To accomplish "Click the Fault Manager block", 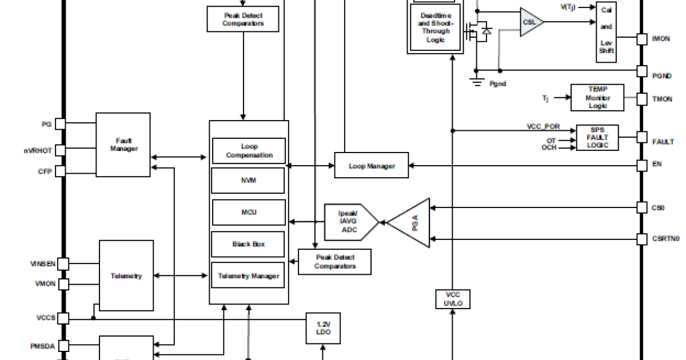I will (x=123, y=145).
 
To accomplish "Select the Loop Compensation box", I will (x=249, y=151).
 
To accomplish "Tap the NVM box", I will (x=249, y=181).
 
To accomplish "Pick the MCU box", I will (x=249, y=213).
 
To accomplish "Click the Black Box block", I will (x=249, y=244).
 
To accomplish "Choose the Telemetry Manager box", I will (x=249, y=276).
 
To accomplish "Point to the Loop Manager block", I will (x=372, y=166).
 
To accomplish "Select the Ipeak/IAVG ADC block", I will (x=349, y=222).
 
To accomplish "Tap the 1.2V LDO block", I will (x=323, y=328).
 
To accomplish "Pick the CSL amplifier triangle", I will (x=530, y=22).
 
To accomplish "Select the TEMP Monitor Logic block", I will (x=597, y=98).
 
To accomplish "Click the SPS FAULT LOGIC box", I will (x=597, y=137).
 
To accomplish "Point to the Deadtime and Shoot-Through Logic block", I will (x=435, y=27).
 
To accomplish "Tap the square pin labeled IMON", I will (x=642, y=39).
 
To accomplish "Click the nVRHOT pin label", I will (x=38, y=151).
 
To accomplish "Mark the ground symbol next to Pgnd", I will (x=476, y=81).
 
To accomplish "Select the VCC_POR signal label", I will (x=543, y=126).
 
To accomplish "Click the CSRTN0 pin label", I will (x=666, y=238).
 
